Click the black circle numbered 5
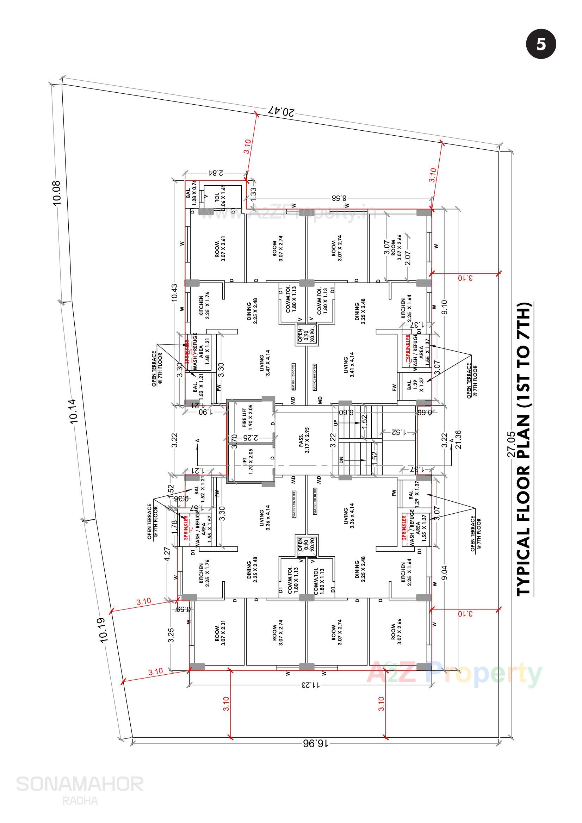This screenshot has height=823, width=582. pos(541,44)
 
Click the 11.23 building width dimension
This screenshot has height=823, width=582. pos(310,685)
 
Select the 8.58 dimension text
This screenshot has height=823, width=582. pos(339,198)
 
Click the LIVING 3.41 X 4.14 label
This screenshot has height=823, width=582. pos(349,365)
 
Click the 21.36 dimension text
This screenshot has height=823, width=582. pos(458,439)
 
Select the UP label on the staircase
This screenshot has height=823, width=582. pos(336,423)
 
